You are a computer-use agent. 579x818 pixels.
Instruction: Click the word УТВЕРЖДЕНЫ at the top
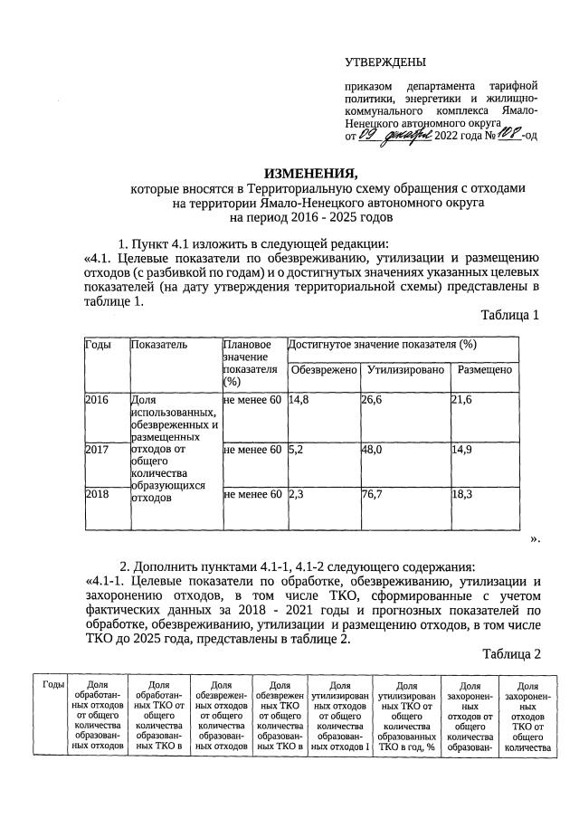(x=385, y=62)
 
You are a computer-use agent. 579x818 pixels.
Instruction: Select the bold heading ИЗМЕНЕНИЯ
(x=310, y=173)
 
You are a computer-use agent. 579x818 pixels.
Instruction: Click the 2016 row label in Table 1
(x=97, y=399)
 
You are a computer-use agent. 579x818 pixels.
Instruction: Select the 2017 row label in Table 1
(x=97, y=447)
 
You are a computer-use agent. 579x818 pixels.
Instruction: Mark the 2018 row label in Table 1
(x=97, y=493)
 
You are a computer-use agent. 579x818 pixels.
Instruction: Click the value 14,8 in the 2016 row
(x=299, y=399)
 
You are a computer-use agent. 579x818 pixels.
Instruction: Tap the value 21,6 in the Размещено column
(x=463, y=399)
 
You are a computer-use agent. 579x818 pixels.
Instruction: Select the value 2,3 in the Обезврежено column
(x=296, y=493)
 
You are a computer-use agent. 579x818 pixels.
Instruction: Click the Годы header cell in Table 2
(x=53, y=685)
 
